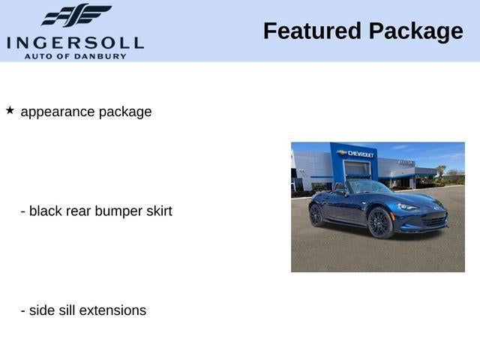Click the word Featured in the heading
tap(312, 31)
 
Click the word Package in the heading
tap(416, 32)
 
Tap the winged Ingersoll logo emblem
tap(76, 15)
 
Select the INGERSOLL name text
tap(75, 43)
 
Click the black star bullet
tap(10, 110)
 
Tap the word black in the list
tap(46, 211)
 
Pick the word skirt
tap(159, 211)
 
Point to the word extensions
tap(112, 310)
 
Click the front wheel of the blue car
tap(380, 223)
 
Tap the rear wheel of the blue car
tap(316, 215)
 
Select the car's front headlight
tap(408, 207)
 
